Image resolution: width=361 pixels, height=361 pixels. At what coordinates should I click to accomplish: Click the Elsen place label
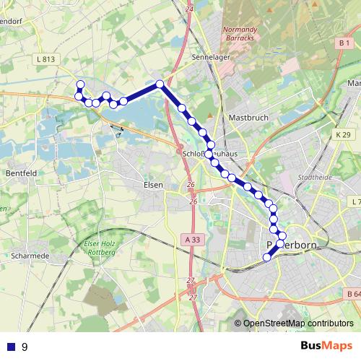(x=153, y=185)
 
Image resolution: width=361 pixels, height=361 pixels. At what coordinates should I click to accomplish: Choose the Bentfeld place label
(x=21, y=174)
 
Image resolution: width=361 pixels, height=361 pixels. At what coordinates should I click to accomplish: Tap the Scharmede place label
(x=30, y=256)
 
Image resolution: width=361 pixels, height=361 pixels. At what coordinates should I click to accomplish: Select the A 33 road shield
(x=191, y=240)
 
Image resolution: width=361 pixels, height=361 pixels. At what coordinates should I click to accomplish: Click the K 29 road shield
(x=342, y=135)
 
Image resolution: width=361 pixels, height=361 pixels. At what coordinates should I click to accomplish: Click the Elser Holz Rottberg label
(x=100, y=248)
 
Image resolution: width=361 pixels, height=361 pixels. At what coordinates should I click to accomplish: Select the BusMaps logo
(x=326, y=346)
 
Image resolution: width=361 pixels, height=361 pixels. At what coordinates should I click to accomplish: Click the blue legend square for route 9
(x=9, y=347)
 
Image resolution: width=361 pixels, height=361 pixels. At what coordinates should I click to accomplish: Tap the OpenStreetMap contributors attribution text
(x=297, y=323)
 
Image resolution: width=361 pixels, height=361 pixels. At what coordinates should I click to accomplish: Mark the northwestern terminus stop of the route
(x=80, y=84)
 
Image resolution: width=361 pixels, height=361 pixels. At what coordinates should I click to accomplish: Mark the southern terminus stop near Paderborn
(x=267, y=257)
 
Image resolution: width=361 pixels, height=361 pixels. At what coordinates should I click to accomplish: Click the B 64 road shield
(x=352, y=294)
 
